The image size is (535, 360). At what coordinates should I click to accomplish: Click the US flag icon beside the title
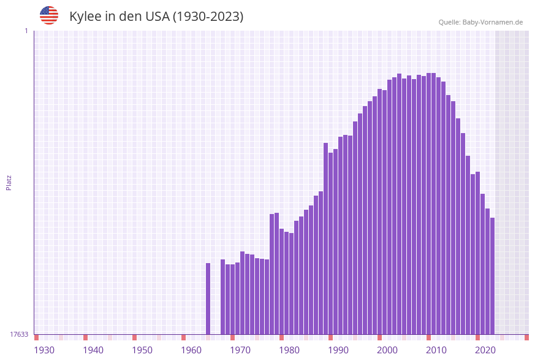click(49, 15)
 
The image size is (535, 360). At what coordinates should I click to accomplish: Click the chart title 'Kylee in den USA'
click(156, 17)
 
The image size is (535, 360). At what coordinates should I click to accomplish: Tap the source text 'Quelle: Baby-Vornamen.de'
click(480, 22)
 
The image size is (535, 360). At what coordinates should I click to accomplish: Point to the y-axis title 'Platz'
click(9, 182)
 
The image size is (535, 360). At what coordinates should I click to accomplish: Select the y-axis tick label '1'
click(26, 31)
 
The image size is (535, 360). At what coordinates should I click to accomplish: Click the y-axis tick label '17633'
click(19, 334)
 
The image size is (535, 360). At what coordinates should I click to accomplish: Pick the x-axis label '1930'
click(44, 350)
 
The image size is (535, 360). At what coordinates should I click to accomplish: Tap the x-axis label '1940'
click(93, 350)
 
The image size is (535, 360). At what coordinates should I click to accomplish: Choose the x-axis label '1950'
click(142, 350)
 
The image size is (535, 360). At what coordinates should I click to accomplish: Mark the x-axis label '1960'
click(191, 350)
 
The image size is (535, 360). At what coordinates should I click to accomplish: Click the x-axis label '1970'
click(240, 350)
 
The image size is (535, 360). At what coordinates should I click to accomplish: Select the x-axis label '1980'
click(289, 350)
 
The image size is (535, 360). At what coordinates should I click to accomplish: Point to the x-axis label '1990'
click(338, 350)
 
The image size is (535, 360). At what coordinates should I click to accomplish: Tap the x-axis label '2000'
click(387, 350)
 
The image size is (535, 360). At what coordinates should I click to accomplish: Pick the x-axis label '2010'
click(436, 350)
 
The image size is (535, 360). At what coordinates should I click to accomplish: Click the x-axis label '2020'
click(485, 350)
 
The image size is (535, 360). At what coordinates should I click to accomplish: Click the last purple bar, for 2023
click(492, 276)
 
